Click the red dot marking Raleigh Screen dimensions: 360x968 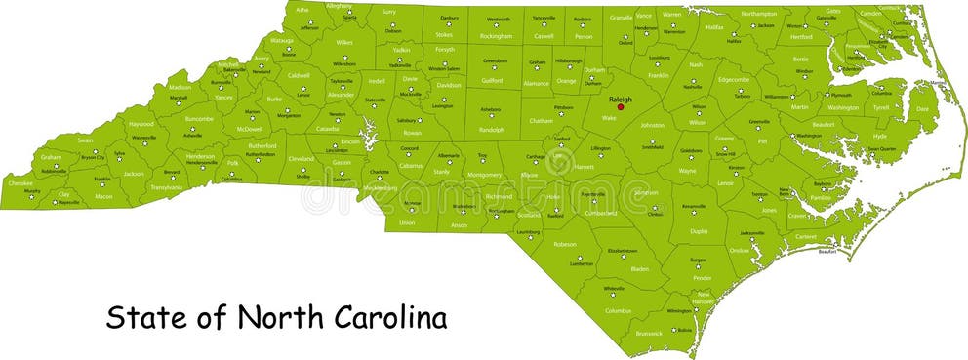click(620, 107)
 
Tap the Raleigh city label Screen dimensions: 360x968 click(620, 99)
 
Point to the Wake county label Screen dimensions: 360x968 click(609, 118)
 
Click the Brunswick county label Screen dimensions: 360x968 click(648, 333)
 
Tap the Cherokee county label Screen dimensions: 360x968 click(20, 182)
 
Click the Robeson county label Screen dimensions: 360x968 click(565, 244)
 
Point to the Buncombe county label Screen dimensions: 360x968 click(198, 119)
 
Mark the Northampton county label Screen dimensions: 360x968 click(758, 14)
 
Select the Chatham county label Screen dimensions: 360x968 click(542, 121)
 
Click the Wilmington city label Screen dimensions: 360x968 click(678, 310)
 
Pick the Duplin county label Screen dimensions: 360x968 click(699, 231)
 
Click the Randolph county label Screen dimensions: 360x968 click(492, 129)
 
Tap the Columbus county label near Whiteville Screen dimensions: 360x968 click(618, 310)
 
